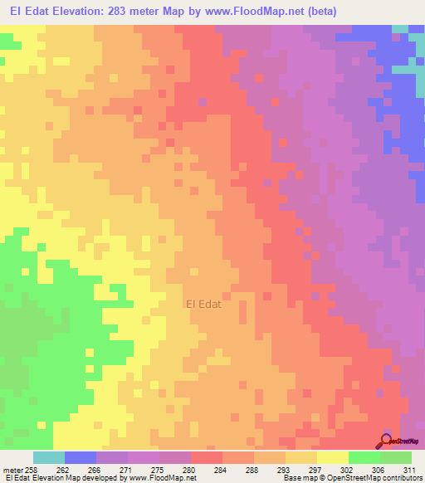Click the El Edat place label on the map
coord(203,305)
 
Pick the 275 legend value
coord(159,469)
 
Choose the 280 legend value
coord(191,469)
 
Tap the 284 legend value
coord(222,469)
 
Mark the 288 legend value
coord(254,469)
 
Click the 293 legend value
coord(286,469)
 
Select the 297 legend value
coord(317,469)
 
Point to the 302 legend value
coord(349,469)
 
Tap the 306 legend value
coord(380,469)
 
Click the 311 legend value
coord(412,469)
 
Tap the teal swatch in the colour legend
coord(49,457)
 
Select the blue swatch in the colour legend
coord(81,457)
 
